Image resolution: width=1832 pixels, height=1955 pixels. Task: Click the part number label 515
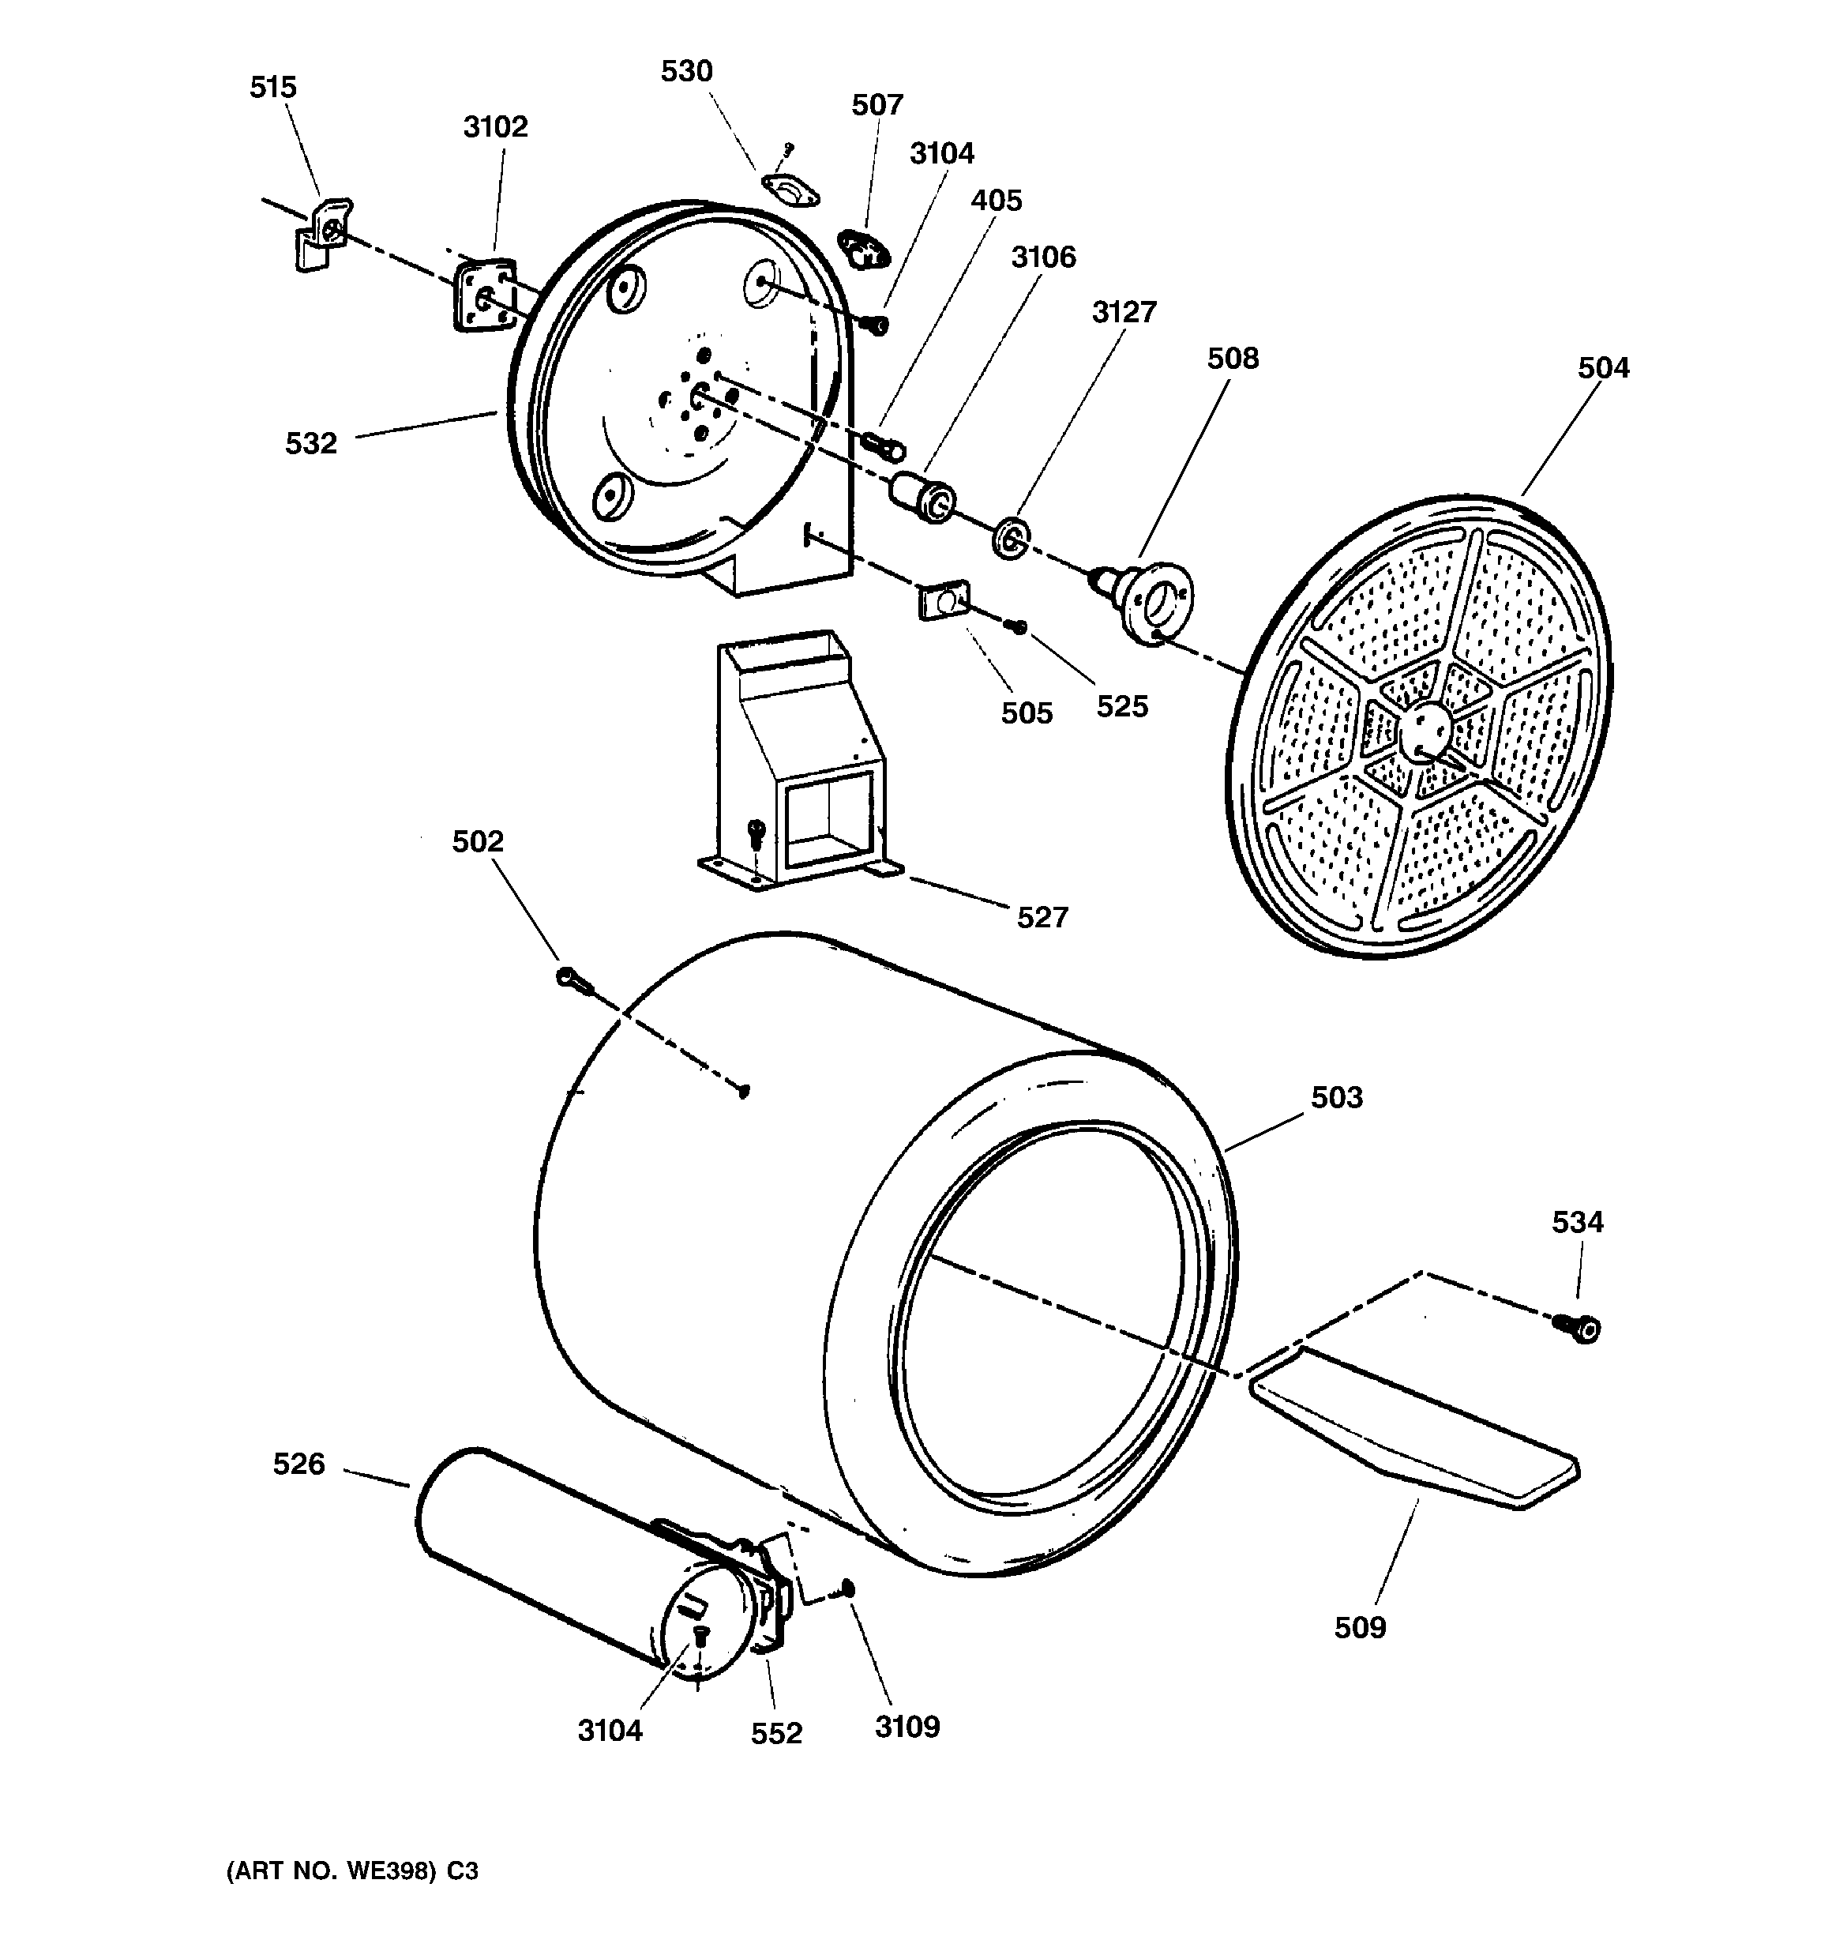click(272, 88)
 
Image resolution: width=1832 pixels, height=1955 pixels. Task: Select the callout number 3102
click(496, 127)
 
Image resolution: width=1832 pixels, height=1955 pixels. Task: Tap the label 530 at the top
click(686, 72)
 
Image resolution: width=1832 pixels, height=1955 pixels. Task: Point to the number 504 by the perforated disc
click(1604, 368)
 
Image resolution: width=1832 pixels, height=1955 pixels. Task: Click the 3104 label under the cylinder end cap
click(610, 1730)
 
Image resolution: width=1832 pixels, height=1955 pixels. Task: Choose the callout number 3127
click(1124, 312)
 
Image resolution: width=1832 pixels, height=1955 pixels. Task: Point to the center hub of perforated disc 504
click(1424, 731)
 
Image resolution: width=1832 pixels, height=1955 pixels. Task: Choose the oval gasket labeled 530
click(790, 190)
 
